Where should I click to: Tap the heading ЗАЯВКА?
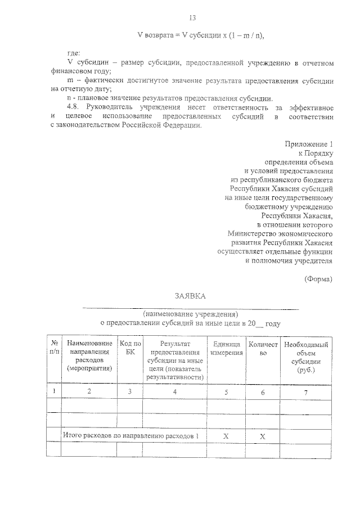[190, 296]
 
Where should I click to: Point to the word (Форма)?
[318, 278]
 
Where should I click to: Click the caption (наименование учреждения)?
[190, 314]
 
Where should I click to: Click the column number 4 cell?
[174, 391]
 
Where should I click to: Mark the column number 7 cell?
[306, 391]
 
